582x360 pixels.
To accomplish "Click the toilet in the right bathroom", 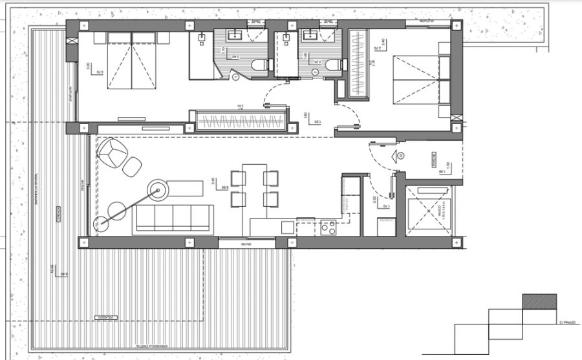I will point(331,65).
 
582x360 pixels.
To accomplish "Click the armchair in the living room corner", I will point(113,152).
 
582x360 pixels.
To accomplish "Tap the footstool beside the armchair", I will point(133,167).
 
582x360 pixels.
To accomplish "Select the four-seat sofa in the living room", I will point(173,219).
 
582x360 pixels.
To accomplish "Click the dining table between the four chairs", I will point(254,188).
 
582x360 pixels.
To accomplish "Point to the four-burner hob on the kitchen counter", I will point(329,228).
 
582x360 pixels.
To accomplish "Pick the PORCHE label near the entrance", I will point(435,160).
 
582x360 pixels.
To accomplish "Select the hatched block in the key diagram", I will point(539,301).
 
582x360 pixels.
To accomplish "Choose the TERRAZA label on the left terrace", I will point(58,214).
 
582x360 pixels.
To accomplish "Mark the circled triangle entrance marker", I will point(400,156).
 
